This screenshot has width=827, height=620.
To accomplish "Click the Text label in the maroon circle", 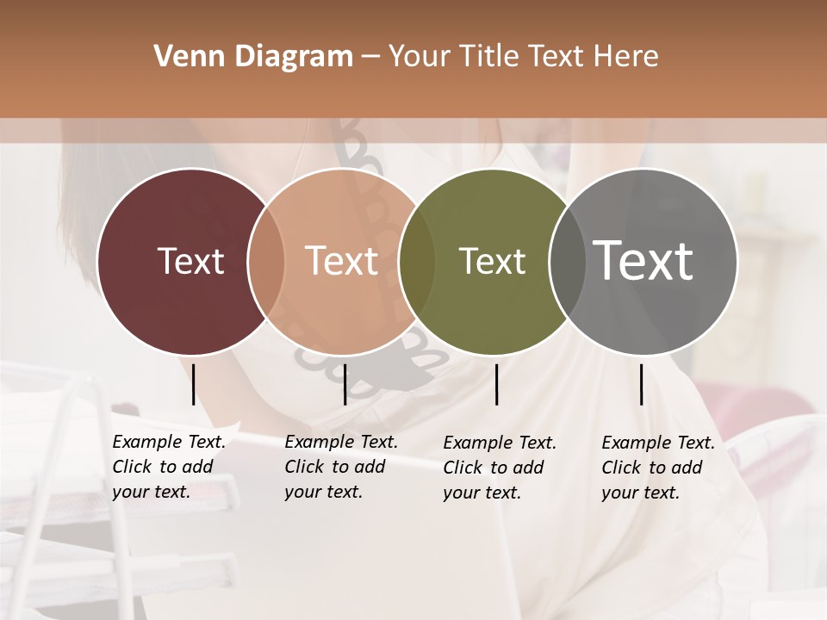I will click(x=190, y=261).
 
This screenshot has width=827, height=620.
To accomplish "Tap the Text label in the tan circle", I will click(x=342, y=261).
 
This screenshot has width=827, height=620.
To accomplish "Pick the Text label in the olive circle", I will click(x=492, y=261).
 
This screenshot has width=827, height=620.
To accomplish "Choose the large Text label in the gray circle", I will click(x=644, y=260).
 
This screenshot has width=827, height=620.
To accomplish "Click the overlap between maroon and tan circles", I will click(x=266, y=262).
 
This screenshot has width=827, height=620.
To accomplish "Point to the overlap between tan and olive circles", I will click(x=417, y=262).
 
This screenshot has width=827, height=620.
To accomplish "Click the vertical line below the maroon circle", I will click(x=193, y=384).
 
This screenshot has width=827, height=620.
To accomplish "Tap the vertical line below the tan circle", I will click(x=345, y=384).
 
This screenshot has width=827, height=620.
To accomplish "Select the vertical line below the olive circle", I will click(x=496, y=384).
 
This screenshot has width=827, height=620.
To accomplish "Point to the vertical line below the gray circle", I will click(x=641, y=384).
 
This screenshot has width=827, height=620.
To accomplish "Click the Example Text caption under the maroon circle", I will click(x=169, y=467).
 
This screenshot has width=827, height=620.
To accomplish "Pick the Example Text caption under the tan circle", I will click(x=341, y=467).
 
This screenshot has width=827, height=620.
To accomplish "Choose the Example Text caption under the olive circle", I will click(x=500, y=468).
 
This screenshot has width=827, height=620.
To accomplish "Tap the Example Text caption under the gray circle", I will click(x=658, y=468).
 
